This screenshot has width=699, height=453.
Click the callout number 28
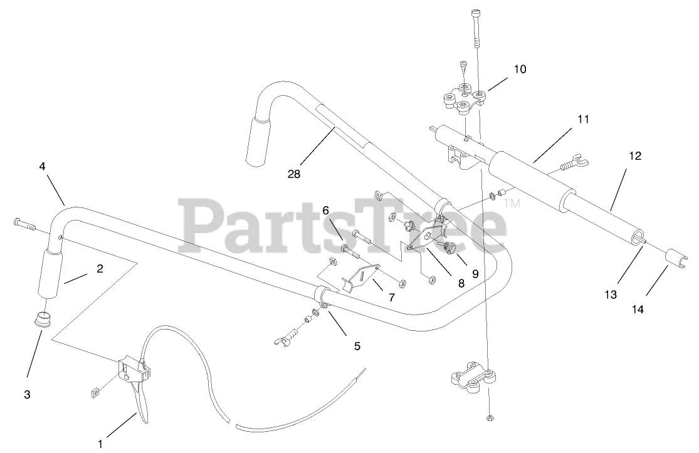click(293, 174)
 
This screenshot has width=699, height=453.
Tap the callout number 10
click(520, 69)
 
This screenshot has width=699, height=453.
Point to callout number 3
click(28, 395)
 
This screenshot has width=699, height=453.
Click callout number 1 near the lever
click(100, 444)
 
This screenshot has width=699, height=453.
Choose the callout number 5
click(357, 345)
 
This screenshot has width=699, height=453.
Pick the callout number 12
click(635, 156)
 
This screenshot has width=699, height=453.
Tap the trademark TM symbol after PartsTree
click(513, 203)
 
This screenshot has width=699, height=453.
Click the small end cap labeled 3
click(43, 318)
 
